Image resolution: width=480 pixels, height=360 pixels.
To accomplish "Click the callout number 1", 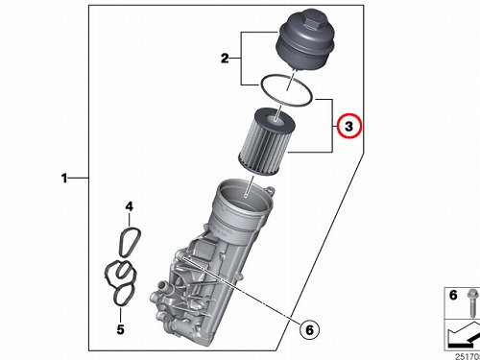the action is point(64,178).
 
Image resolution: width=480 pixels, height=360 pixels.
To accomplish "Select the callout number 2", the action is point(225,59).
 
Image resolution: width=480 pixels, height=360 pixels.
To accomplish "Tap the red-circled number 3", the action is point(348,126).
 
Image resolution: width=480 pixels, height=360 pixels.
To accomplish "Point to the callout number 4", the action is point(129,206).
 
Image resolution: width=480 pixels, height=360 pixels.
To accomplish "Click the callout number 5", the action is point(120,329).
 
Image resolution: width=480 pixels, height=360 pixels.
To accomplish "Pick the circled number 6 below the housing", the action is point(309,329).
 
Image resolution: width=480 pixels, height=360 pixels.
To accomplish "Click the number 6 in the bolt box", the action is point(453,295).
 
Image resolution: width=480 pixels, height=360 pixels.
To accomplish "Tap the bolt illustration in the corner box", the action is point(472,302).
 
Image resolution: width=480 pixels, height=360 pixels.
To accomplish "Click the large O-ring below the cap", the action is point(286,90).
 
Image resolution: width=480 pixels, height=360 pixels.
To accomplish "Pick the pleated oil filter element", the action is point(266,141).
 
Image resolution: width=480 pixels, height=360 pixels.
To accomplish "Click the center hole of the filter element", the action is point(275,120).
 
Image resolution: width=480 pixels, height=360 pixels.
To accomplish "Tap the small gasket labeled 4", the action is point(130,242).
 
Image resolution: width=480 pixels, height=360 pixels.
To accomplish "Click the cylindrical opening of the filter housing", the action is point(245,195).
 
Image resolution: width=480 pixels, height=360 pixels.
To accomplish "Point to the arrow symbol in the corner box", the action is point(464,335).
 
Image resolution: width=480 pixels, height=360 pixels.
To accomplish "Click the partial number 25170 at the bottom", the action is point(468,356).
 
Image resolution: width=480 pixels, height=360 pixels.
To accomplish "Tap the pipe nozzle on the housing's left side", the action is point(164,285).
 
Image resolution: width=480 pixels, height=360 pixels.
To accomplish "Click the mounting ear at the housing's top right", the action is point(271,192).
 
